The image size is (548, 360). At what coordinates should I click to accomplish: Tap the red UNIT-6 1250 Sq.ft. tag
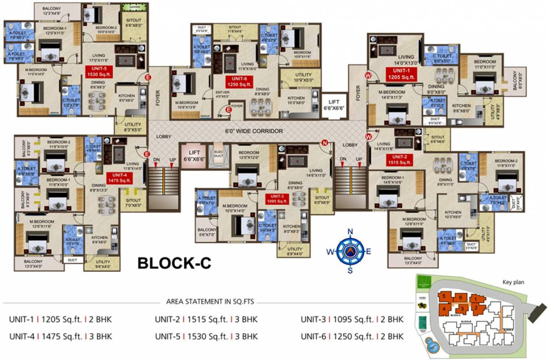coord(239,82)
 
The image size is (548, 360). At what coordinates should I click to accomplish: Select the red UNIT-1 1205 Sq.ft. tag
coord(401,74)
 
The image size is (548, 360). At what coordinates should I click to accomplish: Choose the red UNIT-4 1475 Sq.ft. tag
coord(119,177)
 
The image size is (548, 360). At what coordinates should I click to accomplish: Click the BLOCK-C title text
coord(174,263)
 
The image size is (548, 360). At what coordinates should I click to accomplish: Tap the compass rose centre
coord(350,251)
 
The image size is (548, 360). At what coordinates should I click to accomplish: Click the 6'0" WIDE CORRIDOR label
coord(254,131)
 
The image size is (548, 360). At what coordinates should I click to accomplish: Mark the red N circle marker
coord(324,142)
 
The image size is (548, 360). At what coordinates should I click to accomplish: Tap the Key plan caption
coord(513,282)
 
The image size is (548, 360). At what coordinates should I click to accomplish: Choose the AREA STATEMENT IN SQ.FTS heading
coord(210,301)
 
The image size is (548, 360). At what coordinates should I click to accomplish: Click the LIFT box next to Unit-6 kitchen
coord(334,104)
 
